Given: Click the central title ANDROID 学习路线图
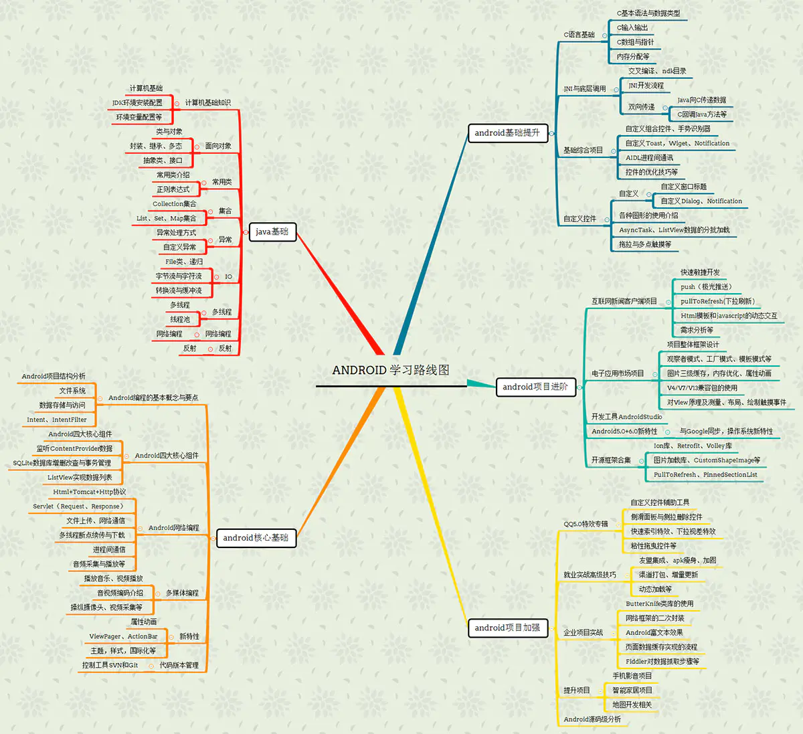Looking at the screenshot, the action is point(391,371).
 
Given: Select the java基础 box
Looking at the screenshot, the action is point(272,232).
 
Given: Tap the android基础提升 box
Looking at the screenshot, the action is point(507,133).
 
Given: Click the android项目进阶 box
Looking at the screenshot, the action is point(535,387).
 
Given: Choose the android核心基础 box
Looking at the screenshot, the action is point(256,538).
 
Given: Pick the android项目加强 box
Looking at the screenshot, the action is point(507,628).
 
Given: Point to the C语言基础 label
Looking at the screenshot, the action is point(579,35).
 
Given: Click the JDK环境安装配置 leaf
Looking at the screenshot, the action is point(137,103).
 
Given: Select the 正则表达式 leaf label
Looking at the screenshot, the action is point(173,189).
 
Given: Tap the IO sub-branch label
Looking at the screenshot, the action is point(228,276).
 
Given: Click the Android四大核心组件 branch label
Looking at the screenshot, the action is point(167,456).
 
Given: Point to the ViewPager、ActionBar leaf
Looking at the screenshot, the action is point(123,637).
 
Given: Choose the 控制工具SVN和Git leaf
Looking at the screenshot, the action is point(110,666).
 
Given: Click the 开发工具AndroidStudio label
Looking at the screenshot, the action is point(626,417).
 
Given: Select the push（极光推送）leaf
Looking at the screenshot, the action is point(706,287).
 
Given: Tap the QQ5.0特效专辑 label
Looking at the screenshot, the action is point(586,524).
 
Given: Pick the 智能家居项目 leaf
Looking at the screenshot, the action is point(632,691).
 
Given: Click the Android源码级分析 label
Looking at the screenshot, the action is point(592,719).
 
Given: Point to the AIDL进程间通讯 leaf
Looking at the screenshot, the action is point(649,158).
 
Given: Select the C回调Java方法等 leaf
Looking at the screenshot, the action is point(702,114).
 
